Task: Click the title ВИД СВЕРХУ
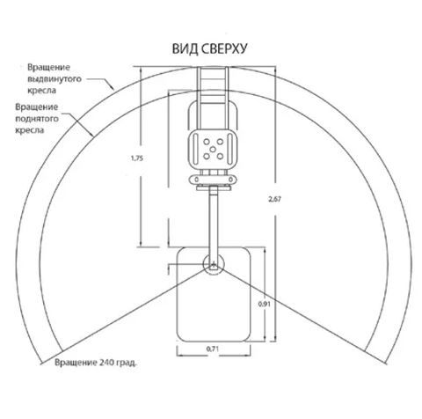(x=209, y=48)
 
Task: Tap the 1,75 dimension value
(x=137, y=158)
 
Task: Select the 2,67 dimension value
(x=274, y=199)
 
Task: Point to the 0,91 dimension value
(x=264, y=305)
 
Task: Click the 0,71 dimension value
(x=213, y=349)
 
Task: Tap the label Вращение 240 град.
(x=96, y=363)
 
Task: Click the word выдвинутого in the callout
(x=55, y=79)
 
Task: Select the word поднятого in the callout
(x=37, y=119)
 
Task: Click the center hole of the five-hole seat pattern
(x=213, y=149)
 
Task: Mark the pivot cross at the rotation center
(x=214, y=263)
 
